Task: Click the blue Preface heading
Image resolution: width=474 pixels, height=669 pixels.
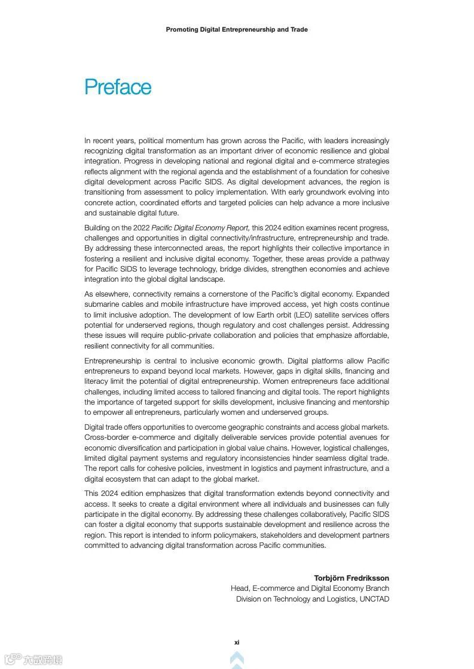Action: tap(118, 87)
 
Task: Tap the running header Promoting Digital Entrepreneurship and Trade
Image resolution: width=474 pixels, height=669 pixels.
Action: tap(237, 29)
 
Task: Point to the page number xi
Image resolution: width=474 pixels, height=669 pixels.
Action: tap(237, 642)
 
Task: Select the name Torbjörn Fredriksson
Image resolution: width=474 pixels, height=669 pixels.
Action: tap(351, 578)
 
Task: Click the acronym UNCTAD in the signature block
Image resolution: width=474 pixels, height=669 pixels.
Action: tap(374, 599)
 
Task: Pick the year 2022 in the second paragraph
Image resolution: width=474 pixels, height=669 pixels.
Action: tap(141, 227)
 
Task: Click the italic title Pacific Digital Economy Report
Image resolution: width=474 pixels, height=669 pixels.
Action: tap(200, 227)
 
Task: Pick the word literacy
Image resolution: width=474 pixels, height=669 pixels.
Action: tap(97, 381)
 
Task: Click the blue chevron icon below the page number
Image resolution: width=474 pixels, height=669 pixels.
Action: tap(237, 659)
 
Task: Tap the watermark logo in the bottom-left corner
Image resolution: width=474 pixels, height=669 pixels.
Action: tap(33, 659)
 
